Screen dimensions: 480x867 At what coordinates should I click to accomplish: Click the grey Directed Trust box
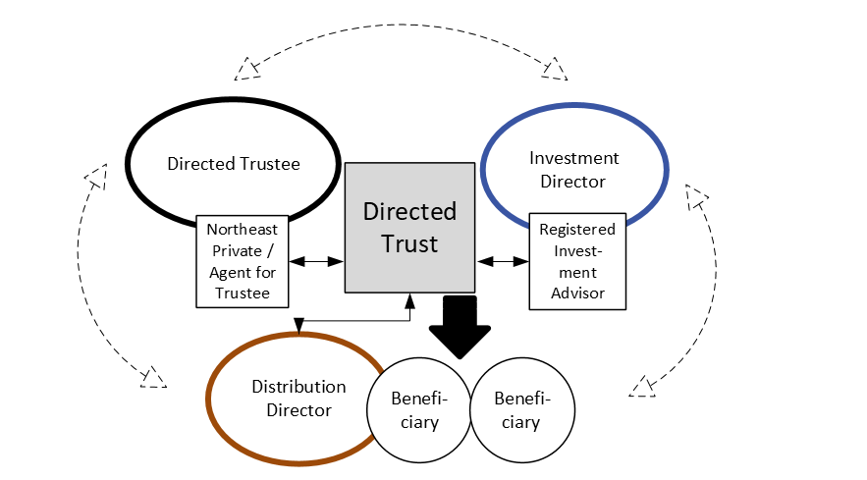(409, 227)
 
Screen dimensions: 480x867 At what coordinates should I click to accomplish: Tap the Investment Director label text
(573, 169)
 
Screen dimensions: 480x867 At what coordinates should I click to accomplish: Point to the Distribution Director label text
(298, 398)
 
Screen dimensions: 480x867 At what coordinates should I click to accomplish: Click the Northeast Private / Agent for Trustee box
(248, 260)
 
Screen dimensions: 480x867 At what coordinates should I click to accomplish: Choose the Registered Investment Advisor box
(577, 260)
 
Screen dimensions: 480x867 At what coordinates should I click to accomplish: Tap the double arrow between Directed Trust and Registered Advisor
(503, 261)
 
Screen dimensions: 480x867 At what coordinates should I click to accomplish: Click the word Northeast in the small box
(248, 229)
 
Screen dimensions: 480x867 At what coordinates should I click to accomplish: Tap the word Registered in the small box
(577, 229)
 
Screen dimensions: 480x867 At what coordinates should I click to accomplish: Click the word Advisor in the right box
(577, 293)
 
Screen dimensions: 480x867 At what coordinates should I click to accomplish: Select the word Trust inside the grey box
(409, 242)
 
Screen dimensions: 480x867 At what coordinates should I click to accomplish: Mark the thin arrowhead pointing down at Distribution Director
(297, 326)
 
